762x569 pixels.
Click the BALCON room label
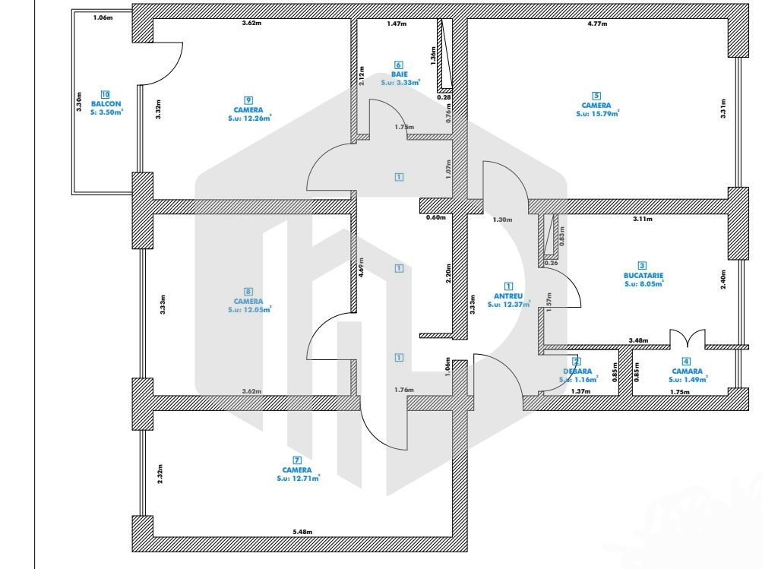click(106, 103)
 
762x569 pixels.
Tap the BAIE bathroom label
click(400, 74)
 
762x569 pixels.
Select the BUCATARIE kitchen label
click(643, 276)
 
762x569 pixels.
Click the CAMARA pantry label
click(687, 371)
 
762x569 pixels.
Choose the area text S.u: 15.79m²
click(597, 114)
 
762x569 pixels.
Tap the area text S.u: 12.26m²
click(249, 119)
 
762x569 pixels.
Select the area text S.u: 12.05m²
click(249, 309)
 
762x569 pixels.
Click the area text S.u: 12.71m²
click(297, 479)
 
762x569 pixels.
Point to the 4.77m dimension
click(597, 24)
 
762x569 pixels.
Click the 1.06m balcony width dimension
click(103, 17)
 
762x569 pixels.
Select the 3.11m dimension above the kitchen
click(643, 219)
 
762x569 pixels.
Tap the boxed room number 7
click(297, 460)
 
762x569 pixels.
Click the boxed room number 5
click(596, 96)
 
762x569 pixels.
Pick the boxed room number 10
click(106, 93)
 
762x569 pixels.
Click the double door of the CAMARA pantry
click(688, 338)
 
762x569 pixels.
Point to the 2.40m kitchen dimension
click(722, 278)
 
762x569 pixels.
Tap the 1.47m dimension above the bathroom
click(397, 24)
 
